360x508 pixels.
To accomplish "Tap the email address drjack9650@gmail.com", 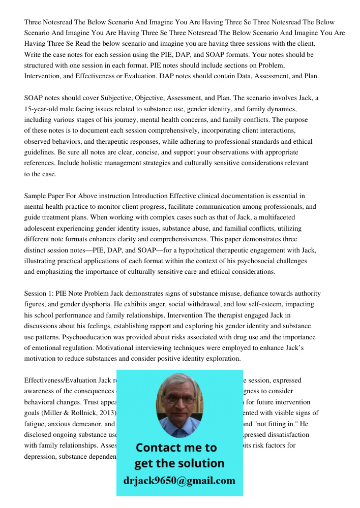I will [179, 481].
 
